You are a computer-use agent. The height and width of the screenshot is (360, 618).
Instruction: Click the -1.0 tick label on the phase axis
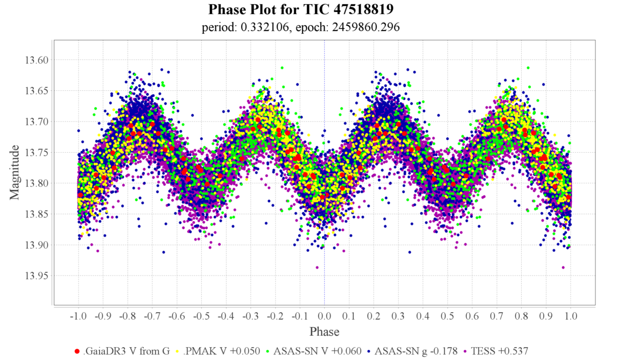pyautogui.click(x=78, y=316)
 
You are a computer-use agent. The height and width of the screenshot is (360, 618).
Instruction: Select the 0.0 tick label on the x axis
pyautogui.click(x=324, y=316)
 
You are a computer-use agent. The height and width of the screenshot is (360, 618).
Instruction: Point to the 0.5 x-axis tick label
pyautogui.click(x=447, y=316)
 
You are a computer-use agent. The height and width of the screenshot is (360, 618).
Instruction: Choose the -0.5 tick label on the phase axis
pyautogui.click(x=201, y=316)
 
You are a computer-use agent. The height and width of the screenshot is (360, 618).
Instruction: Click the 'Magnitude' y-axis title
pyautogui.click(x=15, y=171)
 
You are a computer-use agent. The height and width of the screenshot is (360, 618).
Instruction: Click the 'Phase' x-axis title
pyautogui.click(x=324, y=331)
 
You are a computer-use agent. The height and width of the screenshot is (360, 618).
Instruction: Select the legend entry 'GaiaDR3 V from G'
pyautogui.click(x=127, y=351)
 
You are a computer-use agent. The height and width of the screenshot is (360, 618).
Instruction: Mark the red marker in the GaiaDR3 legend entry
pyautogui.click(x=78, y=351)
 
